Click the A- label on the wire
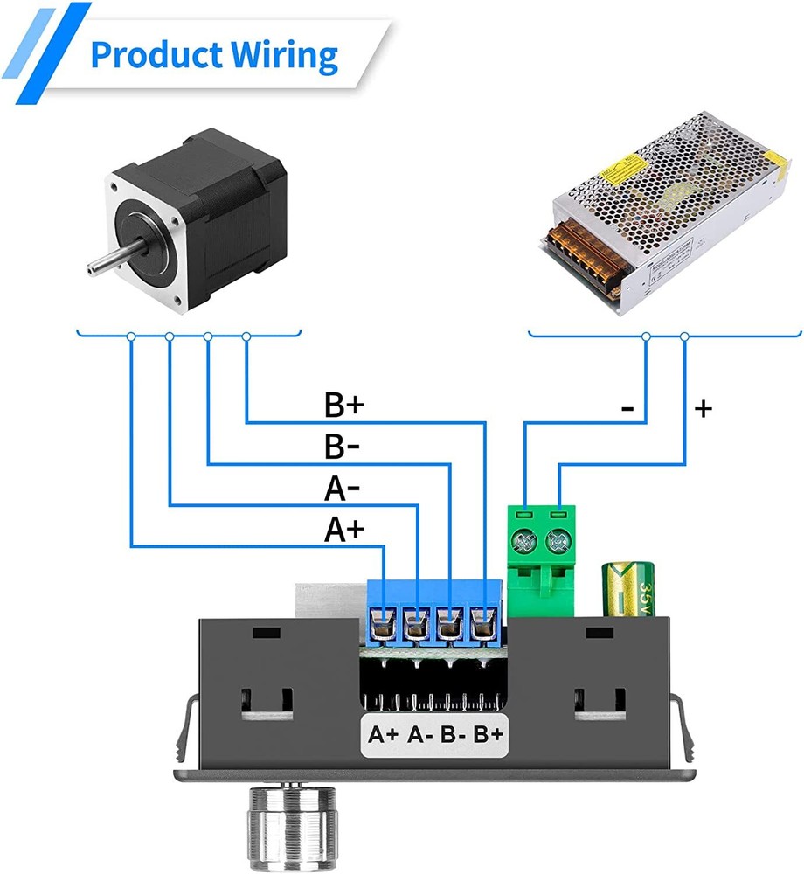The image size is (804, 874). click(343, 489)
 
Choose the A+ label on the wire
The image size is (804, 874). click(343, 530)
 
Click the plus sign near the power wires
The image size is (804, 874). click(703, 407)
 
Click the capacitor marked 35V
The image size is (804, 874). click(627, 595)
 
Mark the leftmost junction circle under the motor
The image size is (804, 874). click(131, 336)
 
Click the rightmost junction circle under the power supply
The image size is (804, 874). click(683, 336)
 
